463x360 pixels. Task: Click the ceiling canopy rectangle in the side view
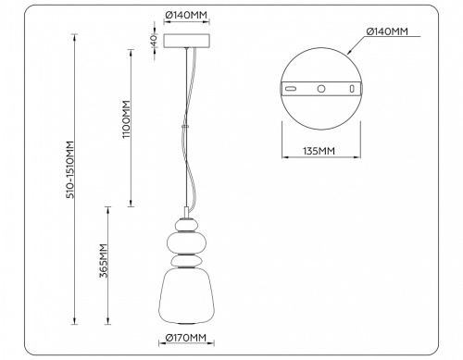pos(188,41)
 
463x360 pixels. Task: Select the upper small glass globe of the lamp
pos(188,224)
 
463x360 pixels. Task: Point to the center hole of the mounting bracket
pos(320,89)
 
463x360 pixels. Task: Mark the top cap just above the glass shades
pos(188,212)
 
